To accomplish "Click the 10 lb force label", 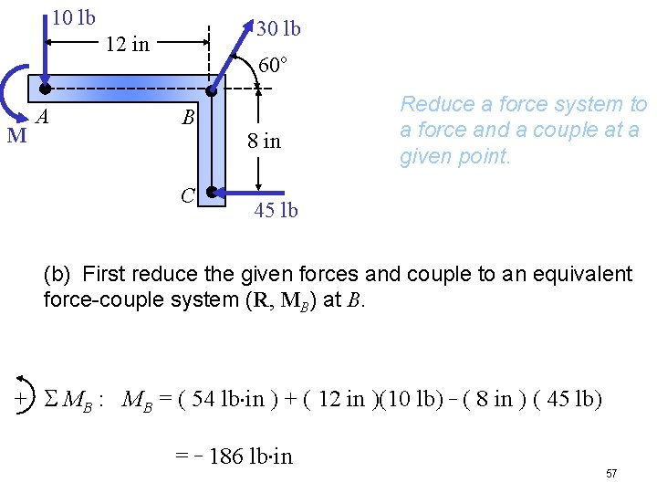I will [x=74, y=17].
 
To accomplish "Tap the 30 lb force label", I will [x=278, y=29].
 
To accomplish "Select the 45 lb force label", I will [x=276, y=211].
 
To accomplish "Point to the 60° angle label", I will [x=273, y=66].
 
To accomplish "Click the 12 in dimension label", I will [x=128, y=44].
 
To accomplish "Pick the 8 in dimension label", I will [x=265, y=142].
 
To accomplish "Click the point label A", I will [x=42, y=116].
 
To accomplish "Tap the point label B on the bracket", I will [x=188, y=118].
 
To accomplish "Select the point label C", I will [x=187, y=194].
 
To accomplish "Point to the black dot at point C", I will [x=211, y=193].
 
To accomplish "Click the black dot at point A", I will [x=45, y=89].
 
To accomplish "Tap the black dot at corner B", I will [x=211, y=90].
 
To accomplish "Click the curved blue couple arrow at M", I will [x=11, y=91].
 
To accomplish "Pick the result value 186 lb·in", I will [x=250, y=456].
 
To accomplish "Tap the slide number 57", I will [x=611, y=474].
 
